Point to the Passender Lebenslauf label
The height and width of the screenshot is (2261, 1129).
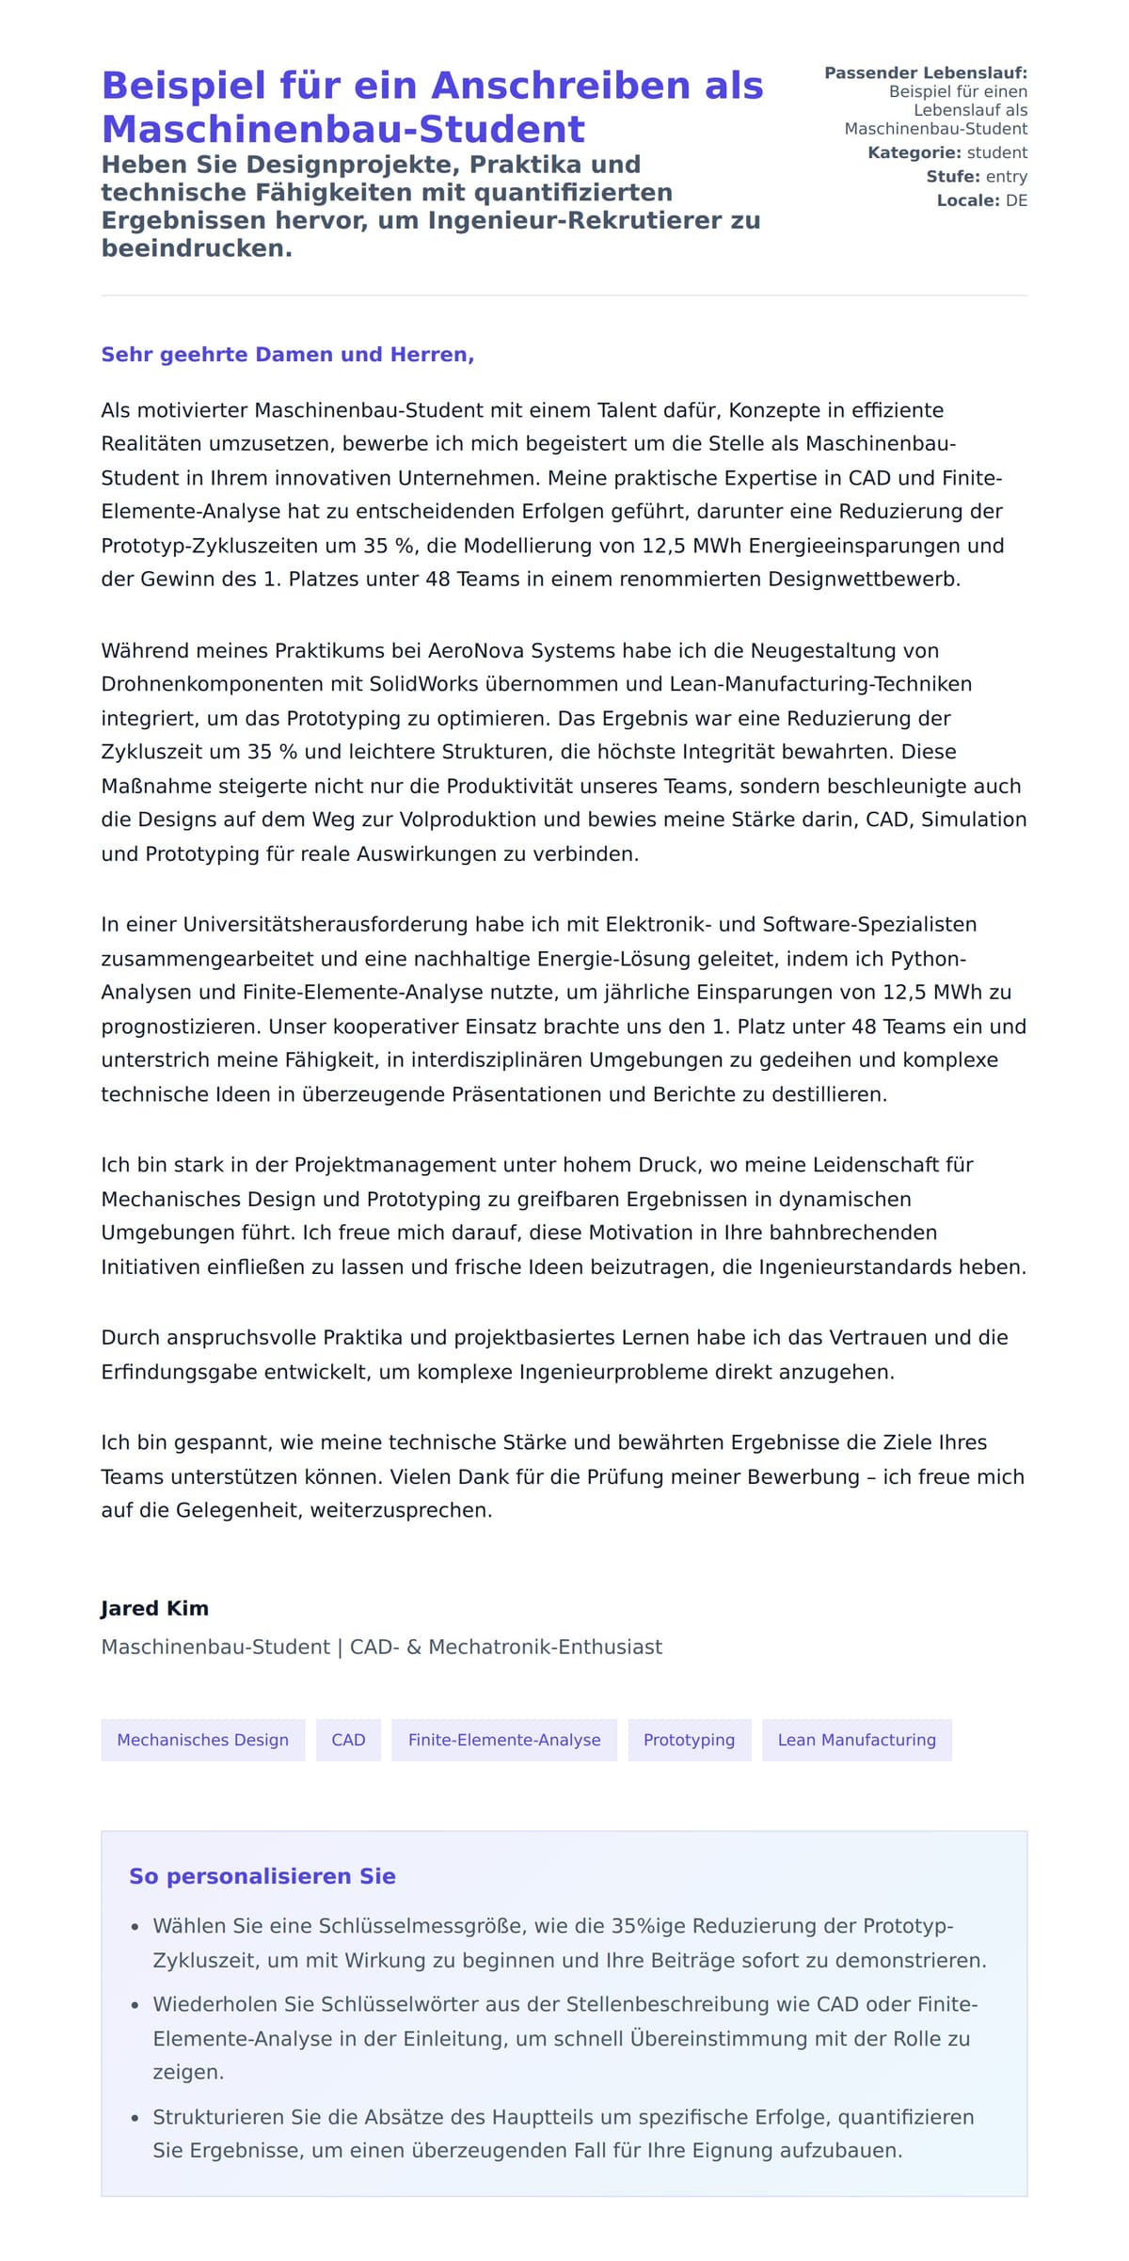[x=925, y=72]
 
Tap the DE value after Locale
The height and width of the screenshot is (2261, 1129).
[x=1016, y=200]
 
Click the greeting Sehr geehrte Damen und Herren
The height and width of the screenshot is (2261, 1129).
[x=287, y=355]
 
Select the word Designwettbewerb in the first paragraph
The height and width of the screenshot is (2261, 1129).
[x=864, y=580]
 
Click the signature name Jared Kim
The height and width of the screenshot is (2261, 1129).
[x=154, y=1608]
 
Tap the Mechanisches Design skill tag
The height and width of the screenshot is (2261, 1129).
[x=202, y=1740]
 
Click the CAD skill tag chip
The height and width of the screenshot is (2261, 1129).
[x=348, y=1740]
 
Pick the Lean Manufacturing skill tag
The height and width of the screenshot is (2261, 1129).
[x=856, y=1740]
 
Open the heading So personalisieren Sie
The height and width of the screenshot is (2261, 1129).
[x=262, y=1876]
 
